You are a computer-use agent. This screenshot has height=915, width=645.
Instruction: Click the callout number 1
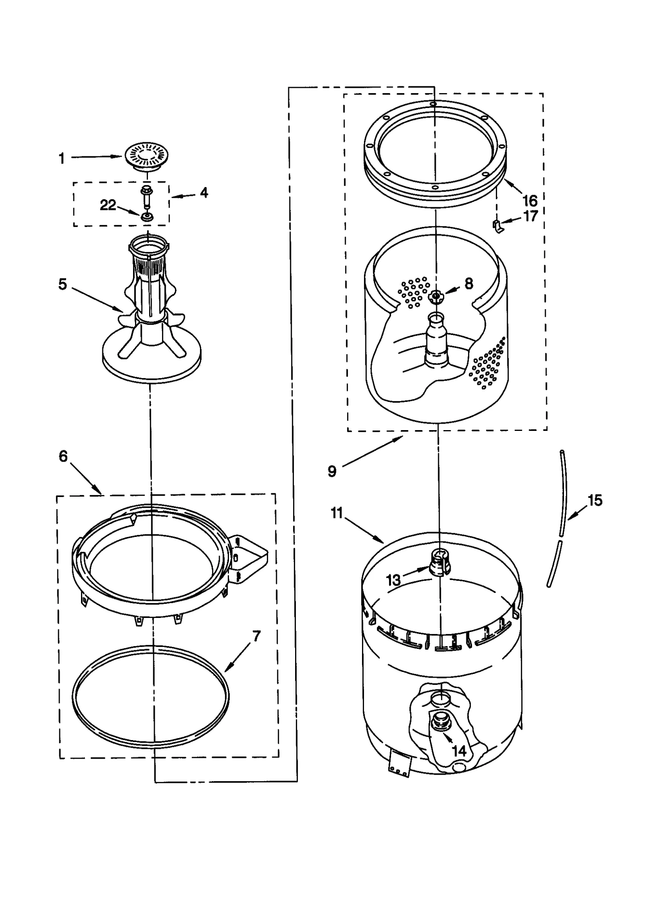click(x=62, y=158)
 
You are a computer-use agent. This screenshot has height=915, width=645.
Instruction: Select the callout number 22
click(x=108, y=205)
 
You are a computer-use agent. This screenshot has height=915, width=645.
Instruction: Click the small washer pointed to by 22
click(x=147, y=217)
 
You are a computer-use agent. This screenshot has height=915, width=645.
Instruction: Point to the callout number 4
click(x=204, y=193)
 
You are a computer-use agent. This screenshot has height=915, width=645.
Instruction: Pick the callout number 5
click(x=62, y=284)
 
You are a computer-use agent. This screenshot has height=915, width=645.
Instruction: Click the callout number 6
click(x=63, y=456)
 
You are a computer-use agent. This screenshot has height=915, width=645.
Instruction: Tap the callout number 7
click(x=256, y=636)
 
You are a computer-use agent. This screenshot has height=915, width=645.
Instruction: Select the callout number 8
click(x=468, y=284)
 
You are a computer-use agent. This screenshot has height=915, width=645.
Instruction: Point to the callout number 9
click(x=332, y=471)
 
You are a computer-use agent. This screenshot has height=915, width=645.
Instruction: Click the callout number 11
click(x=337, y=513)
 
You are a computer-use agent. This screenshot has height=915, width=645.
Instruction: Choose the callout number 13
click(x=393, y=580)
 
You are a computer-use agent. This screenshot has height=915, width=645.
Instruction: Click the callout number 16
click(x=530, y=200)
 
